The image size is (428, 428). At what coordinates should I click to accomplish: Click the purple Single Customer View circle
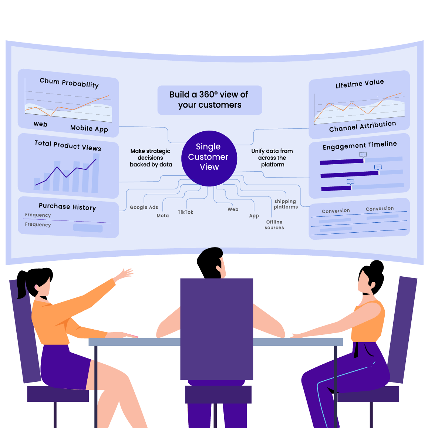click(209, 158)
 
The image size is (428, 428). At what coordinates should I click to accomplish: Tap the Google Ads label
click(144, 208)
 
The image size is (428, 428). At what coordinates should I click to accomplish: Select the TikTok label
click(185, 212)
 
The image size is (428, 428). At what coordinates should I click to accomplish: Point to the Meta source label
click(162, 216)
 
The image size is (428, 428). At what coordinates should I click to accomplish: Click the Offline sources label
click(274, 225)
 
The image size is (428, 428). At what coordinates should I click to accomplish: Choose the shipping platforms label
click(286, 204)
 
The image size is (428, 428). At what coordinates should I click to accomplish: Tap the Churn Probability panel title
click(69, 83)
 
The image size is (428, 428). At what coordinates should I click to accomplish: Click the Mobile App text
click(89, 128)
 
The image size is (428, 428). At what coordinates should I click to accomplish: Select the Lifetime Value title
click(360, 84)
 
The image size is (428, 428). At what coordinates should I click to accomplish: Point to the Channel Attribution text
click(363, 126)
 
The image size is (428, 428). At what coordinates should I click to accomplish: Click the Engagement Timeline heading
click(360, 145)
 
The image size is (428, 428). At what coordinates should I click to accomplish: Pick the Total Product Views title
click(68, 145)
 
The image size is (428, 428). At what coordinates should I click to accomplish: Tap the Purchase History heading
click(67, 207)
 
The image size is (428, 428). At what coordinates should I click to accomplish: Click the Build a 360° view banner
click(210, 100)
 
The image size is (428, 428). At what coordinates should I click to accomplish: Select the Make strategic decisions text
click(151, 158)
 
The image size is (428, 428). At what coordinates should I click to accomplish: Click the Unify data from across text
click(272, 158)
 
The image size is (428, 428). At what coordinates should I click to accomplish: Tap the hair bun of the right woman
click(377, 266)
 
